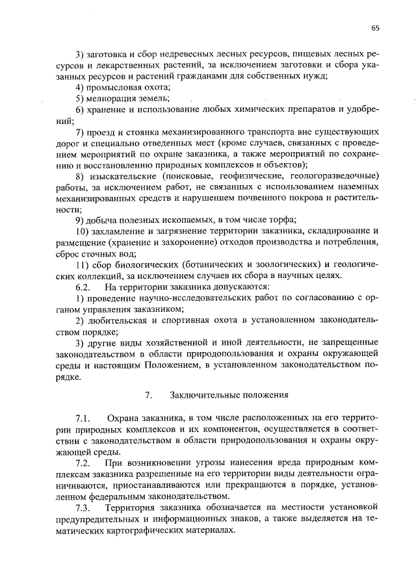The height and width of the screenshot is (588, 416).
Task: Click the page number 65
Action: (375, 28)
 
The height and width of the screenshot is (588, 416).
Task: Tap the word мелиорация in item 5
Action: (112, 98)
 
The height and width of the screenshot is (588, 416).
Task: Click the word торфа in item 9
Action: (281, 220)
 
